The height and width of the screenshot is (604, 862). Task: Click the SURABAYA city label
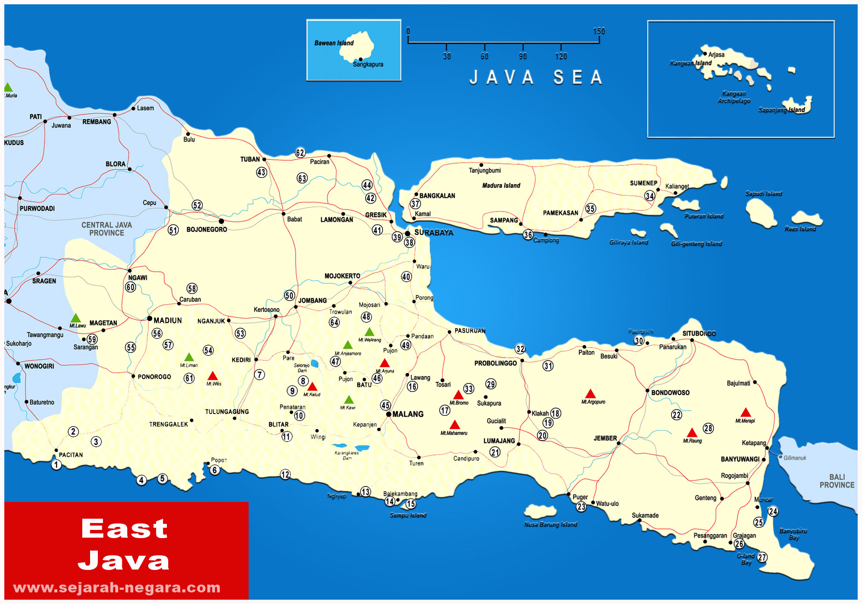(434, 233)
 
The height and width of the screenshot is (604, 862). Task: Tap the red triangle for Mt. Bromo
(458, 395)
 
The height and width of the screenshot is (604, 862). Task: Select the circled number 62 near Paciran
(300, 153)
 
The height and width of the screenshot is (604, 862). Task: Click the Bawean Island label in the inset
(334, 43)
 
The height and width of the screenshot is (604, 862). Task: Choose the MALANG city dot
(389, 414)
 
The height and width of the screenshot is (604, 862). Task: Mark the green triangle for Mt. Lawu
(75, 318)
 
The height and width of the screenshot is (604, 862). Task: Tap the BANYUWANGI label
(740, 459)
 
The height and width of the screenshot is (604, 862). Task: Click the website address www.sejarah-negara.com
(117, 588)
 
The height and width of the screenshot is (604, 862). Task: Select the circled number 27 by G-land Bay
(762, 557)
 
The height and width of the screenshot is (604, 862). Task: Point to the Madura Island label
(501, 186)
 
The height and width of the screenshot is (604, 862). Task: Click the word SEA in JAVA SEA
(578, 78)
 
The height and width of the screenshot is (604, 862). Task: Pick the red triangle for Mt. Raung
(692, 433)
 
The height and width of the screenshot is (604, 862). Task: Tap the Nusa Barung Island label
(550, 525)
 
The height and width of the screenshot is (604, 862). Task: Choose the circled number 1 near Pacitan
(56, 465)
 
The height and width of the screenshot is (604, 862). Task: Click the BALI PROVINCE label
(837, 481)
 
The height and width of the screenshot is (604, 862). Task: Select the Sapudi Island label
(763, 194)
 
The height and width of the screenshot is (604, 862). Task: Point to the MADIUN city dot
(150, 319)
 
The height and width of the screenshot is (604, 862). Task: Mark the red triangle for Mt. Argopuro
(590, 394)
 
